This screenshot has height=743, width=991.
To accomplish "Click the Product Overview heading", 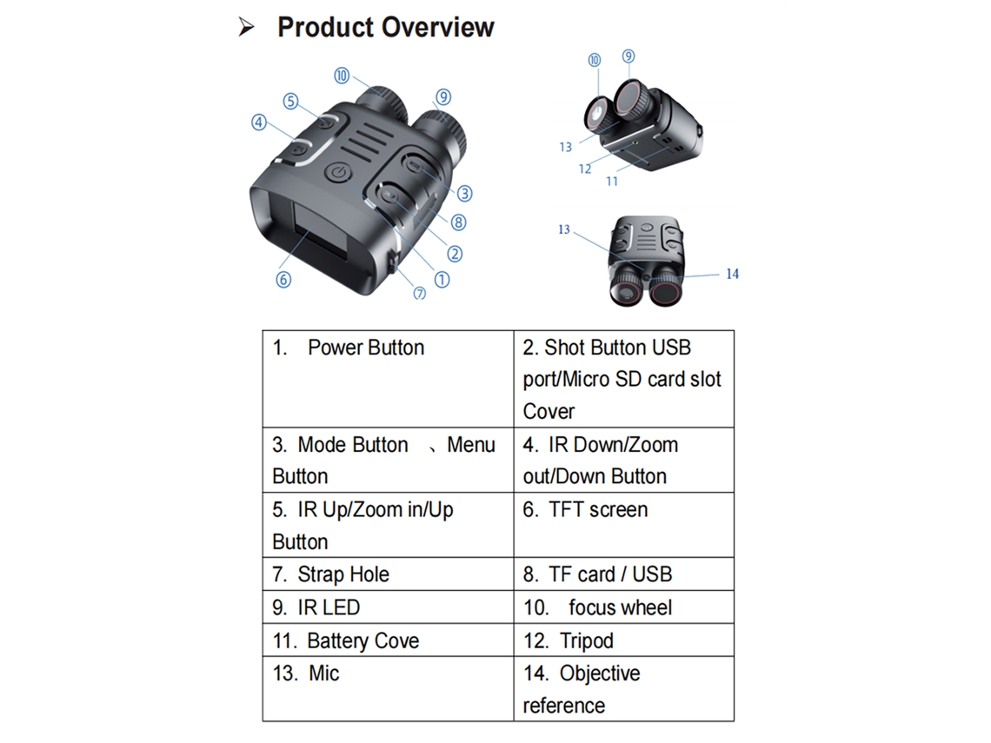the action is pyautogui.click(x=385, y=27).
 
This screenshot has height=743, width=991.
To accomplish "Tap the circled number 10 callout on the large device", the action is pyautogui.click(x=342, y=76).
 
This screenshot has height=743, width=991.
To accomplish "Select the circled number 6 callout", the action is pyautogui.click(x=283, y=279).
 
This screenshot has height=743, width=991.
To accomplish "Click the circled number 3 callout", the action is pyautogui.click(x=464, y=193).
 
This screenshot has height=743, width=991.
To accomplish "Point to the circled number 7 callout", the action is pyautogui.click(x=420, y=293).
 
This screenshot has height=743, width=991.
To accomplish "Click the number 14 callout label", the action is pyautogui.click(x=732, y=274).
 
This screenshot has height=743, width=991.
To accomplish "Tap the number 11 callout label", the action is pyautogui.click(x=612, y=182).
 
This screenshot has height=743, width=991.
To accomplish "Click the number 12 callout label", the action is pyautogui.click(x=585, y=169).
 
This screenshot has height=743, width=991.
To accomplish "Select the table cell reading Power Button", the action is pyautogui.click(x=388, y=378).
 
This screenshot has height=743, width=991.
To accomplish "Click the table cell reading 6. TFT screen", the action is pyautogui.click(x=624, y=524).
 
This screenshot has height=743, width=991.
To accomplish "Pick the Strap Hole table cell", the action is pyautogui.click(x=388, y=574).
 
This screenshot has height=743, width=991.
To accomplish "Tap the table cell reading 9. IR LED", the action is pyautogui.click(x=388, y=607).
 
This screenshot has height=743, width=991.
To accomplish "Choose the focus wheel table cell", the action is pyautogui.click(x=624, y=607).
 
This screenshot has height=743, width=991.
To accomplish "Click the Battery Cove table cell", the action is pyautogui.click(x=388, y=640).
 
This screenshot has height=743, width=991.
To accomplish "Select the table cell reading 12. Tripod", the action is pyautogui.click(x=624, y=640).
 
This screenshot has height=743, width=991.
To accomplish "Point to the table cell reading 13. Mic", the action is pyautogui.click(x=388, y=688).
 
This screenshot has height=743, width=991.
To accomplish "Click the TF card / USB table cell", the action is pyautogui.click(x=624, y=574).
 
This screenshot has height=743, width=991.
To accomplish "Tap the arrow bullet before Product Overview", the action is pyautogui.click(x=246, y=27).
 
